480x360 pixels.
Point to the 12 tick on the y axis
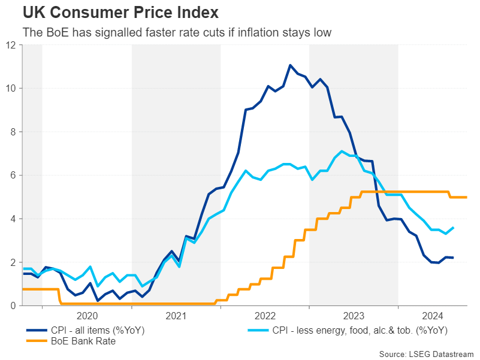tap(11, 45)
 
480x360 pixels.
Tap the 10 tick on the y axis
tap(11, 89)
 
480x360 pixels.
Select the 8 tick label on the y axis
tap(13, 132)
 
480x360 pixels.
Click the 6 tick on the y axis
tap(13, 176)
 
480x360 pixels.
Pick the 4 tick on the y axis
tap(13, 219)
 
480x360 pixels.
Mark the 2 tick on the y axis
tap(13, 262)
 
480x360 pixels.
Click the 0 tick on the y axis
tap(13, 306)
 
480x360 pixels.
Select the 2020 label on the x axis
tap(87, 316)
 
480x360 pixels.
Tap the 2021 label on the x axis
tap(176, 316)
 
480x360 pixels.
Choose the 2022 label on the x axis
tap(265, 316)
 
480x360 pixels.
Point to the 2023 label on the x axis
tap(354, 316)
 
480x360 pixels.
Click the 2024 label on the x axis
tap(433, 316)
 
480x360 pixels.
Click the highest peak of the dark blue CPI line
tap(290, 65)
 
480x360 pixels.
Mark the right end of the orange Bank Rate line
tap(466, 197)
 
